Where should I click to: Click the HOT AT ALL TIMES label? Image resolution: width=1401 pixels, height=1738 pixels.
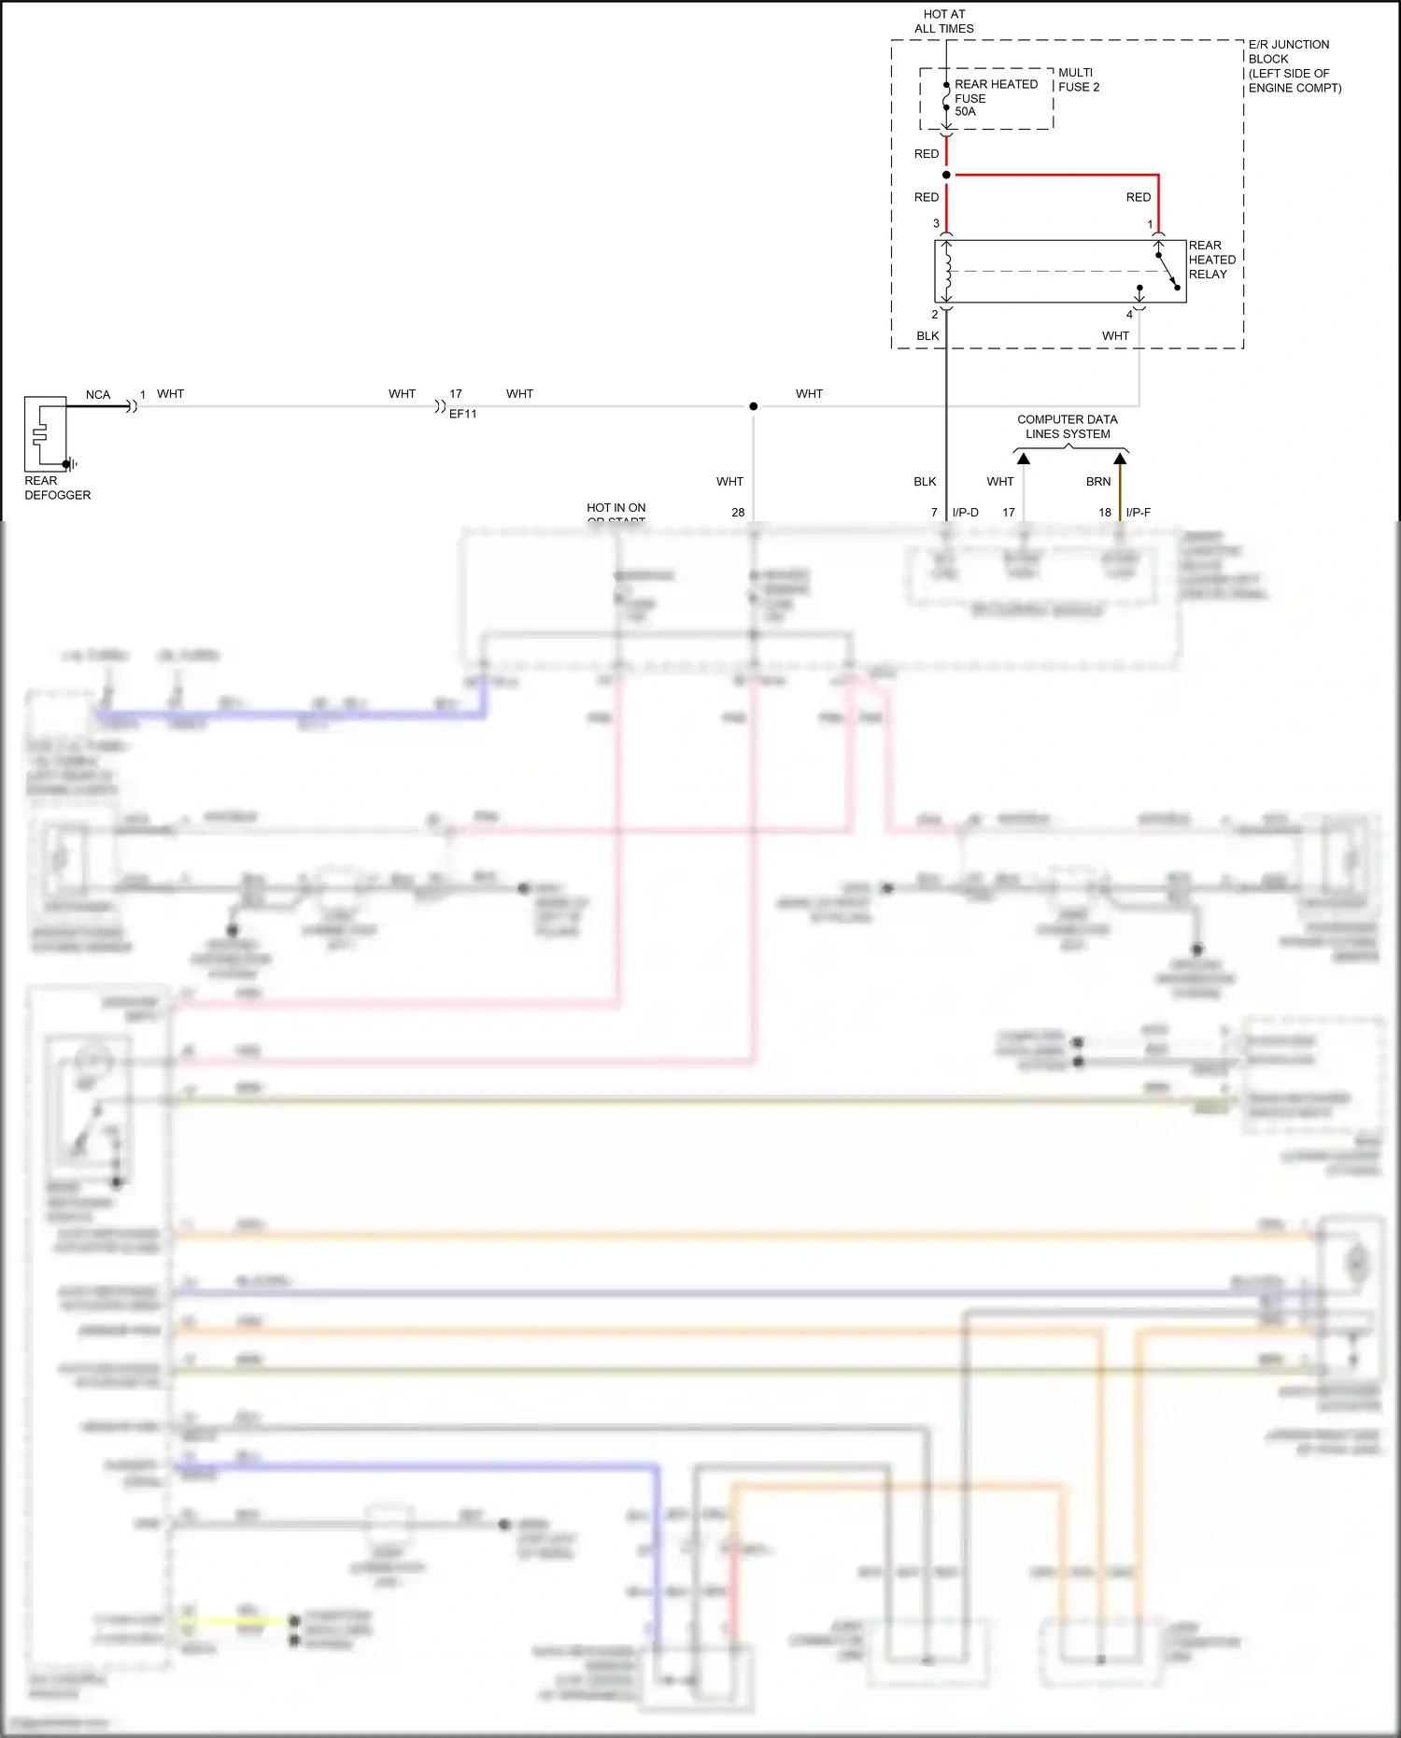pyautogui.click(x=944, y=21)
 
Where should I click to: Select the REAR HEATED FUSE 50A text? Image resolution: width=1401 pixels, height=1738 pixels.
pyautogui.click(x=995, y=97)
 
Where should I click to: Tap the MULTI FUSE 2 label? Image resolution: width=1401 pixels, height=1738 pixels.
pyautogui.click(x=1079, y=79)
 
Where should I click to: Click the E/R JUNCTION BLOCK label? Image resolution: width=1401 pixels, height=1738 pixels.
pyautogui.click(x=1294, y=65)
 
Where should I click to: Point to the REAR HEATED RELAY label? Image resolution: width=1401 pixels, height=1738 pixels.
pyautogui.click(x=1211, y=260)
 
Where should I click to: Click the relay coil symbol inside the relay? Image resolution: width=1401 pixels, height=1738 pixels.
pyautogui.click(x=947, y=271)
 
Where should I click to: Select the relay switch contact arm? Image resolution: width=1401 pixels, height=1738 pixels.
pyautogui.click(x=1167, y=272)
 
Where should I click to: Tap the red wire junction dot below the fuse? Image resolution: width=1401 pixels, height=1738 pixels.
pyautogui.click(x=946, y=175)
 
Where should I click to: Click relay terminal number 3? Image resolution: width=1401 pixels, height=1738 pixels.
pyautogui.click(x=936, y=223)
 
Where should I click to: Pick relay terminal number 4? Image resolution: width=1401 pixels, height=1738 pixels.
pyautogui.click(x=1129, y=315)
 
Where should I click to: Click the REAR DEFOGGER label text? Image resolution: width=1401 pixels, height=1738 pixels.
pyautogui.click(x=57, y=487)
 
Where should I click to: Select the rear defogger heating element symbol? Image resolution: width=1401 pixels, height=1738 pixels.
pyautogui.click(x=40, y=433)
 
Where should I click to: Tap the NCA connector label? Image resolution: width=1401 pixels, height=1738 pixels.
pyautogui.click(x=98, y=394)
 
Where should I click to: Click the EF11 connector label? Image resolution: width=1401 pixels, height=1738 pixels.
pyautogui.click(x=462, y=414)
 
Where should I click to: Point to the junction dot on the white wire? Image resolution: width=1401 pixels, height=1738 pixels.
pyautogui.click(x=754, y=406)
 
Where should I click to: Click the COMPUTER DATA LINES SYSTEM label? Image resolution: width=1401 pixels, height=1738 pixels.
pyautogui.click(x=1068, y=427)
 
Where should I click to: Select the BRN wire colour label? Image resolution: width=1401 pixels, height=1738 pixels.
pyautogui.click(x=1098, y=482)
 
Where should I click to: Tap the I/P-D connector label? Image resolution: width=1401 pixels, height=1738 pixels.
pyautogui.click(x=966, y=513)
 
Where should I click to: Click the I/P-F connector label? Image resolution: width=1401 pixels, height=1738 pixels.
pyautogui.click(x=1139, y=513)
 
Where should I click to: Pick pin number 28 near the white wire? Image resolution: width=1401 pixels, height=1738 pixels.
pyautogui.click(x=738, y=513)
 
